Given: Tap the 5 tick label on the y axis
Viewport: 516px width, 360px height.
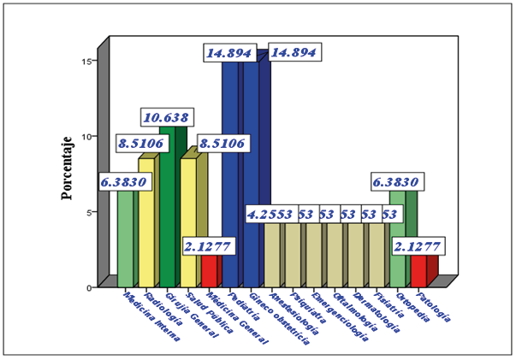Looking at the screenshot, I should point(90,211).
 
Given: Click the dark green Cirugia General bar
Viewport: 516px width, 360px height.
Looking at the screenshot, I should point(167,205).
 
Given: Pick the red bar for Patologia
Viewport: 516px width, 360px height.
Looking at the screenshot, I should point(418,271).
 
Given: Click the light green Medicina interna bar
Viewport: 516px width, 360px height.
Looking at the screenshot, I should point(125,239).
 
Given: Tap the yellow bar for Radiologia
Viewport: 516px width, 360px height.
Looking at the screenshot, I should point(146,222).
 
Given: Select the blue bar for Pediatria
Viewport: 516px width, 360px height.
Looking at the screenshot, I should point(229,171).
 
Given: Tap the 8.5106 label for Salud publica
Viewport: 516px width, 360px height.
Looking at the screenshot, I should point(222,143).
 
